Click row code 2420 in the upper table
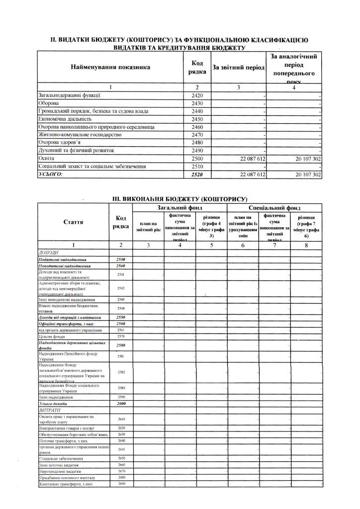(198, 95)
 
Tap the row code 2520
(198, 174)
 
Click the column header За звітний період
(238, 67)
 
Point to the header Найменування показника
(110, 67)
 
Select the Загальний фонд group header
(180, 207)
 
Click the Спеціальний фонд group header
(274, 207)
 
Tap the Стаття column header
(73, 222)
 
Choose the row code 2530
(121, 259)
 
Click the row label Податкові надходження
(63, 259)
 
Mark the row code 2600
(121, 404)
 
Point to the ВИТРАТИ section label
(50, 411)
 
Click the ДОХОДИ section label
(49, 253)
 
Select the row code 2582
(121, 372)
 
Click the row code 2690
(121, 484)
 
